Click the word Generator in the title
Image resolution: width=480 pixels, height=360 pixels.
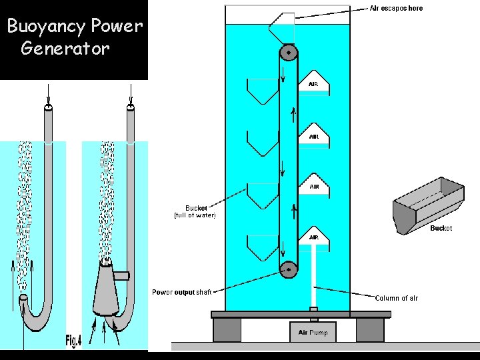coord(65,49)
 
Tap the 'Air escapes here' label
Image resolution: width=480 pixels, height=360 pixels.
coord(396,8)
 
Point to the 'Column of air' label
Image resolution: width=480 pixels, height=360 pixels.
coord(396,298)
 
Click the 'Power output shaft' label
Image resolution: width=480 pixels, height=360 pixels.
coord(181,292)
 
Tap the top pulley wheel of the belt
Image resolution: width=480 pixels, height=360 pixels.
coord(288,52)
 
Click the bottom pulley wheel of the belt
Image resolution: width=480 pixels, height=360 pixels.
coord(288,269)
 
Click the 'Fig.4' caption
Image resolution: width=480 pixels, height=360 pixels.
coord(73,341)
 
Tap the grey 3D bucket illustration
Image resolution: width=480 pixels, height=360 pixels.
coord(428,203)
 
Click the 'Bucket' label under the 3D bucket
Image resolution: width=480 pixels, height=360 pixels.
coord(441,228)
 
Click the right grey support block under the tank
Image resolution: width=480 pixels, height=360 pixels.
coord(369,329)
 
